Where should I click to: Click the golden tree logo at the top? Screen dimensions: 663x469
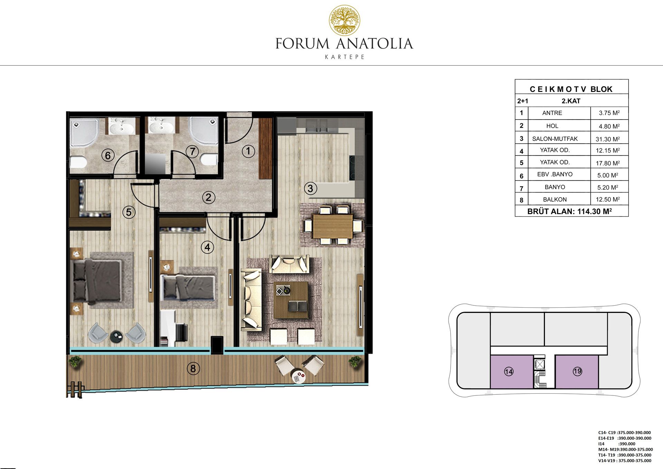tap(344, 20)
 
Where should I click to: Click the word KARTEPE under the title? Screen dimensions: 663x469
tap(345, 57)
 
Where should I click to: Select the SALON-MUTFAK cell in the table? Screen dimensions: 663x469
tap(555, 139)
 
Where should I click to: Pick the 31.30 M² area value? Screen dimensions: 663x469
tap(608, 139)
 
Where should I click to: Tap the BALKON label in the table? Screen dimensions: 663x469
tap(555, 200)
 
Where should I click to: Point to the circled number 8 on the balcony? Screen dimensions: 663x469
tap(193, 369)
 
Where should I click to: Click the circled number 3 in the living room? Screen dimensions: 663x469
tap(310, 189)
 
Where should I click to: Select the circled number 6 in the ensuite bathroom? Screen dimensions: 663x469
tap(108, 156)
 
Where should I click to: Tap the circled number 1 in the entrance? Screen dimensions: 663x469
tap(248, 151)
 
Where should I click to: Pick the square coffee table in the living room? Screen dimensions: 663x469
tap(291, 300)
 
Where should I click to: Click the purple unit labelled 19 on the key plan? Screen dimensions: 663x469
tap(577, 372)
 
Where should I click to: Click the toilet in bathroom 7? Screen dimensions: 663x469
tap(209, 160)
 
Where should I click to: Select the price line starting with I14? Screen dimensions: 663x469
tap(617, 444)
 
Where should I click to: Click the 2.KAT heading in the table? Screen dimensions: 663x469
tap(571, 101)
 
